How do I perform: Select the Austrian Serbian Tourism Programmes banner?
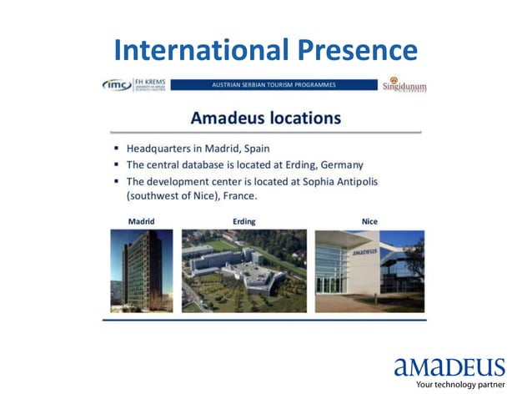point(274,85)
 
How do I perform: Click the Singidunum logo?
point(404,85)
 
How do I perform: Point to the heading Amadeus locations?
point(265,118)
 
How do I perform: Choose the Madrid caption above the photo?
point(141,221)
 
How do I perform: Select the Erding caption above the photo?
point(243,221)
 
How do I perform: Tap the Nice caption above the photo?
point(369,221)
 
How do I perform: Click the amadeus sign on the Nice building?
point(364,250)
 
